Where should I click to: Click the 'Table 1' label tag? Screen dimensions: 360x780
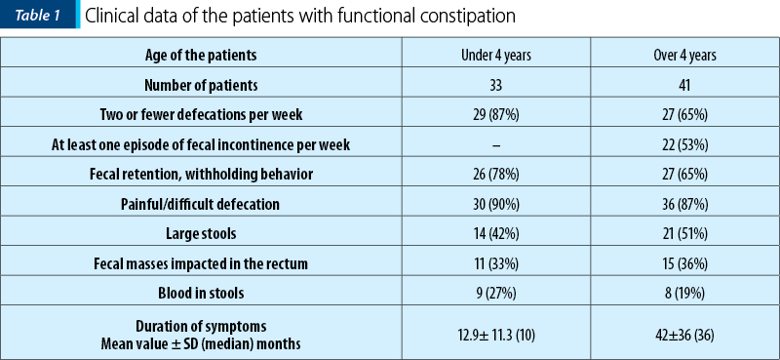[x=37, y=17]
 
